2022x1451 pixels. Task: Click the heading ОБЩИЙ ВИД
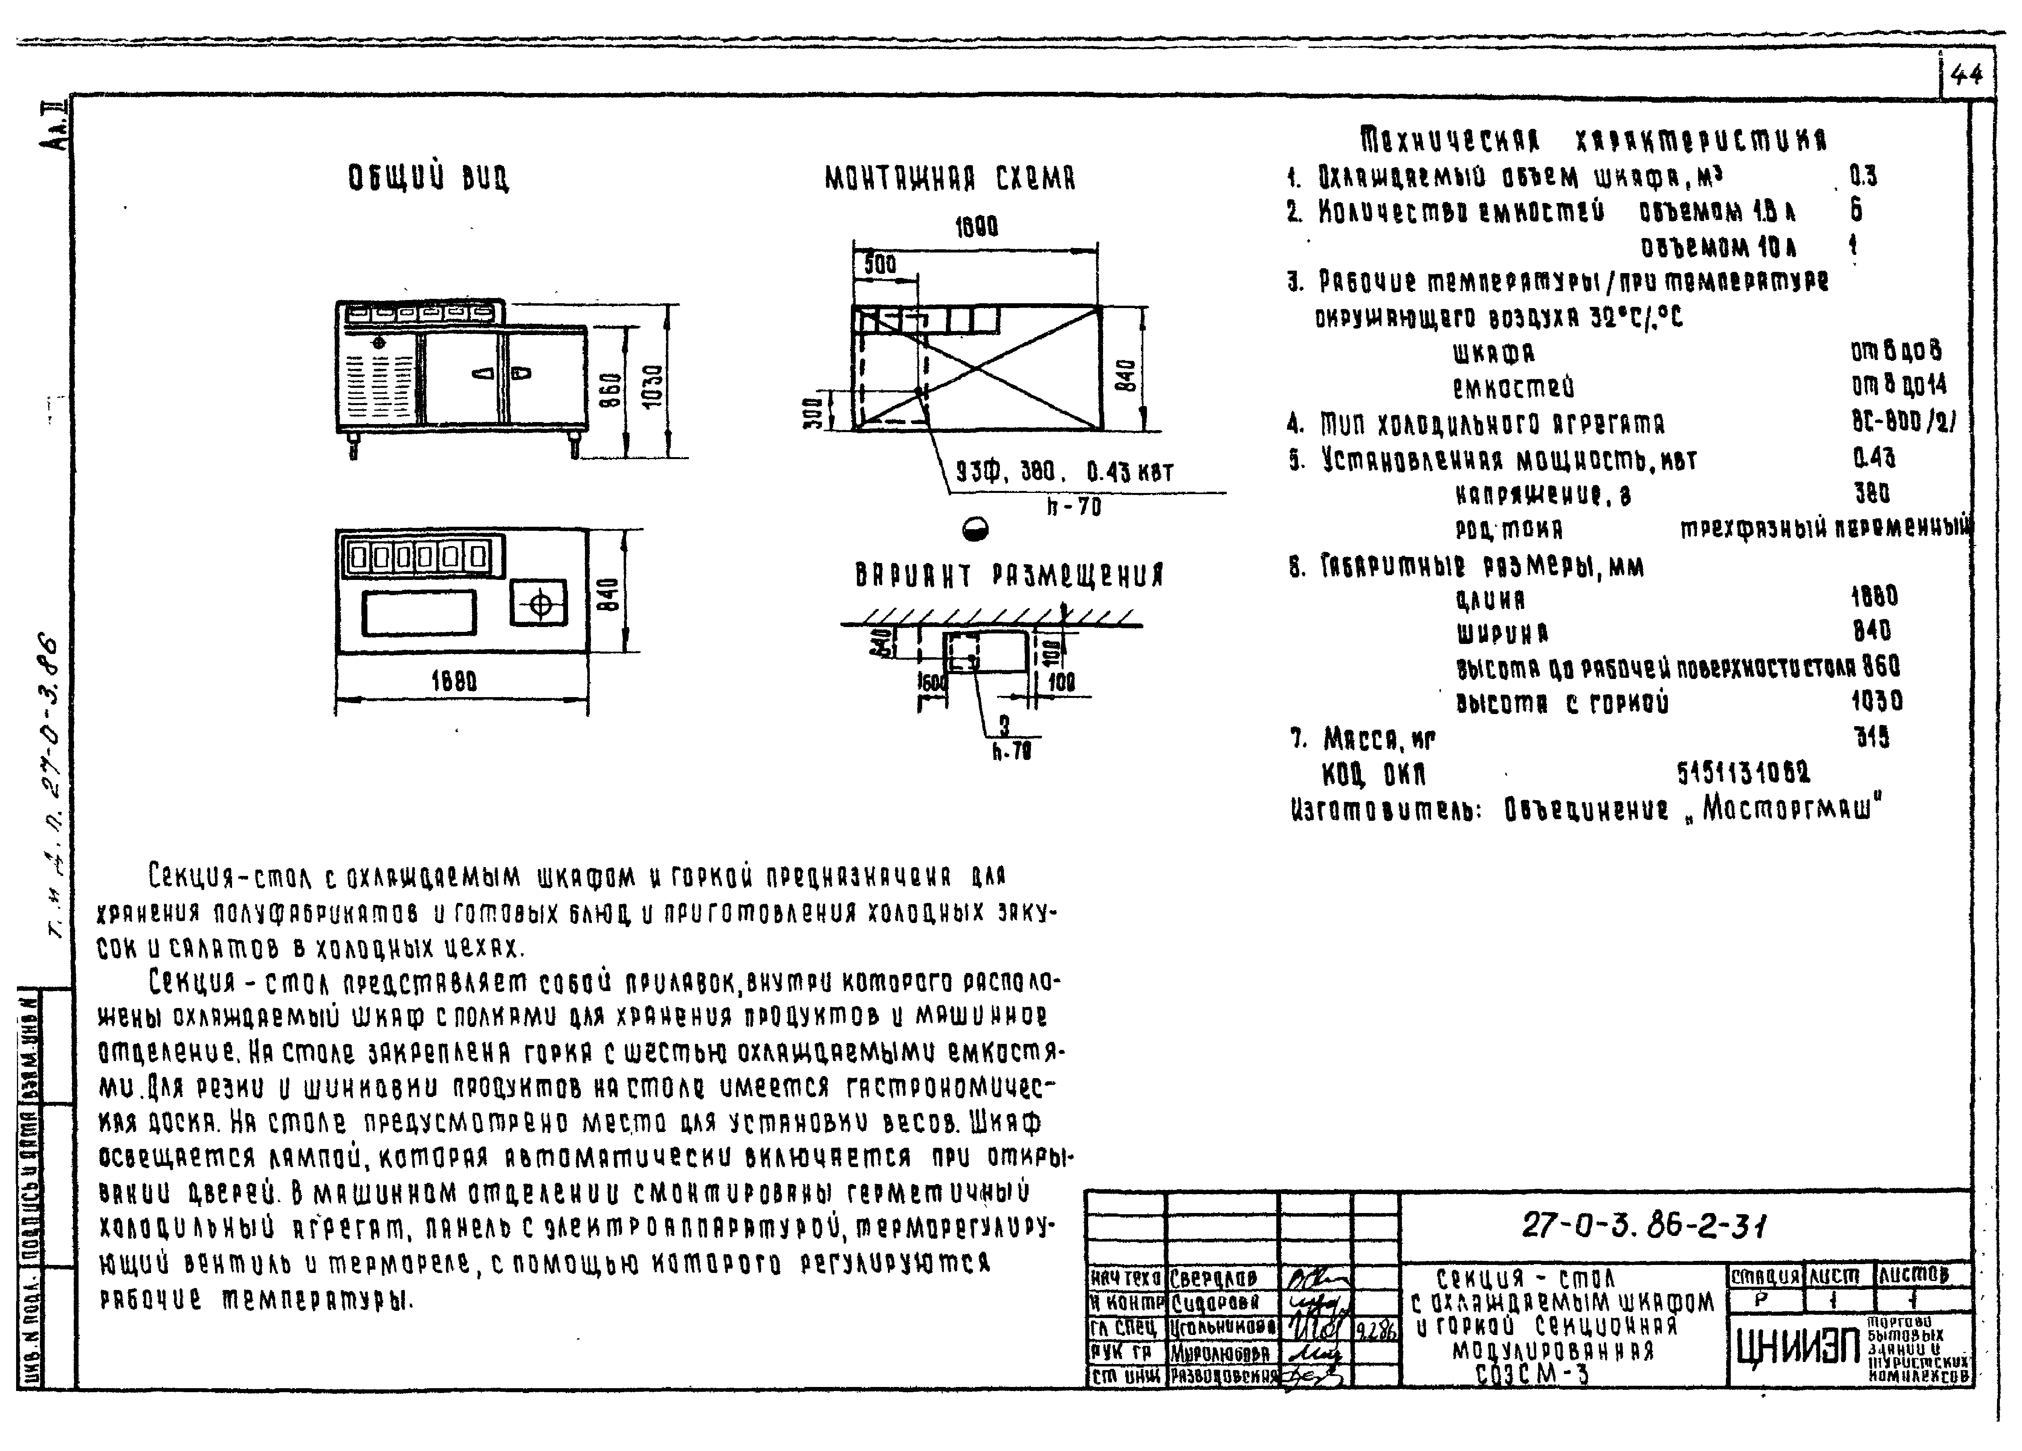(x=429, y=178)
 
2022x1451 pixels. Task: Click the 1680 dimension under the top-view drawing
(x=455, y=682)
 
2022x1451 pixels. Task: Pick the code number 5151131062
(x=1743, y=772)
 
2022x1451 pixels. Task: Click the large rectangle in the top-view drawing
(x=419, y=613)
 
